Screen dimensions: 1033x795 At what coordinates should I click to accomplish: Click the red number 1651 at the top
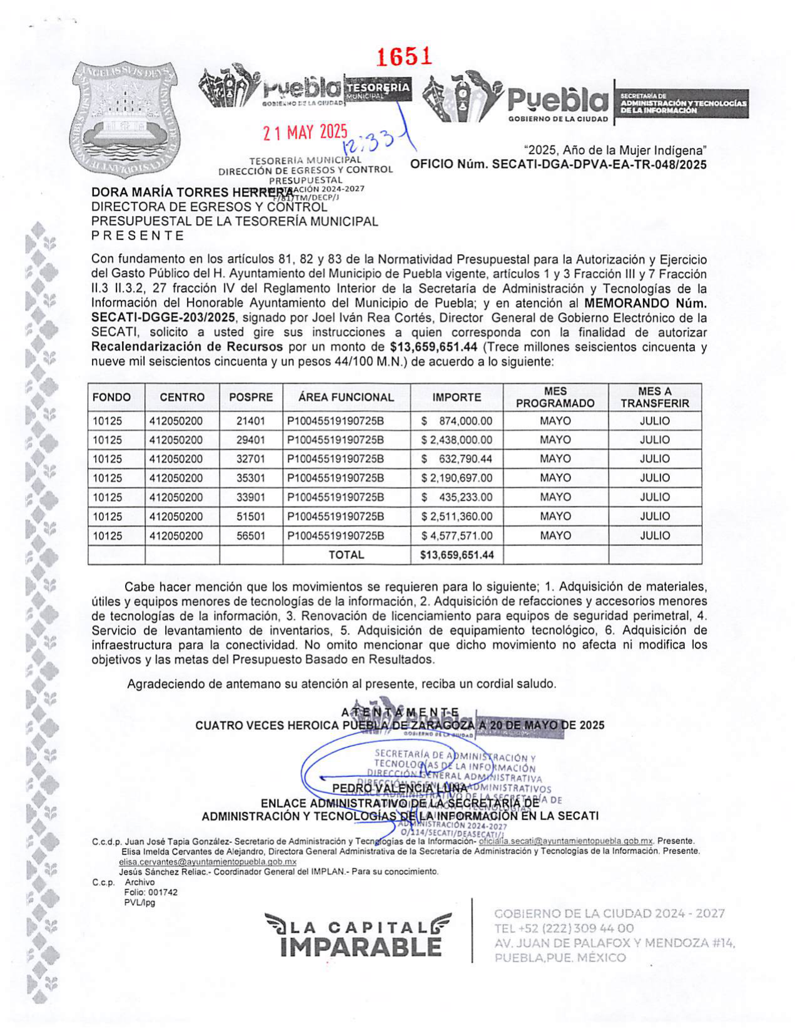(x=404, y=56)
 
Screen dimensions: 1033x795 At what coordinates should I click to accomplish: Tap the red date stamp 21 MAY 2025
(x=305, y=132)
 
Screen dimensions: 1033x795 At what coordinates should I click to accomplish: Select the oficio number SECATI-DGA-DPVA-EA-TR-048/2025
(x=558, y=165)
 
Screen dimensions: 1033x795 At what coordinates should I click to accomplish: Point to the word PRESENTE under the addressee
(x=138, y=236)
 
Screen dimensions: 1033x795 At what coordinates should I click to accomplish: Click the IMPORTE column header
(x=457, y=397)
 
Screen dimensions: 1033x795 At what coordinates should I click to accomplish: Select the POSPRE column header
(x=251, y=397)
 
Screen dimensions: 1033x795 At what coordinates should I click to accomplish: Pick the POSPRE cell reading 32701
(x=251, y=459)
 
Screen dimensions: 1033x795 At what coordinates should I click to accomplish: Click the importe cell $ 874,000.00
(x=457, y=421)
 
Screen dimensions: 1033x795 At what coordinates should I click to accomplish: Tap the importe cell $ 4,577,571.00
(x=457, y=536)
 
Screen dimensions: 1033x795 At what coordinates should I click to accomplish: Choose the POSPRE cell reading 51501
(x=251, y=516)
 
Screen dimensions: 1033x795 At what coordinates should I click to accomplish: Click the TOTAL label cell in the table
(x=346, y=555)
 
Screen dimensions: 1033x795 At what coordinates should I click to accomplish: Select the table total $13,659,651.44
(x=457, y=555)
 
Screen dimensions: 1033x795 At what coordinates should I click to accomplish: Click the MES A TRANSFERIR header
(x=654, y=397)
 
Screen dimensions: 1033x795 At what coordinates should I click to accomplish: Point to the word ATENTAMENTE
(x=400, y=712)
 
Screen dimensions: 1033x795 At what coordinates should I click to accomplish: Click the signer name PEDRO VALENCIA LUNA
(x=399, y=788)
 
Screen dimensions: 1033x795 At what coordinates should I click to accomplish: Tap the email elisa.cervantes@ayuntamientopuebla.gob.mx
(x=208, y=862)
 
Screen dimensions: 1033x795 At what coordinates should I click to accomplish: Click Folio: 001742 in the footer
(x=151, y=892)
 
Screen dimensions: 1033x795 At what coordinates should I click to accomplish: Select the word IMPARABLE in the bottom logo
(x=361, y=946)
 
